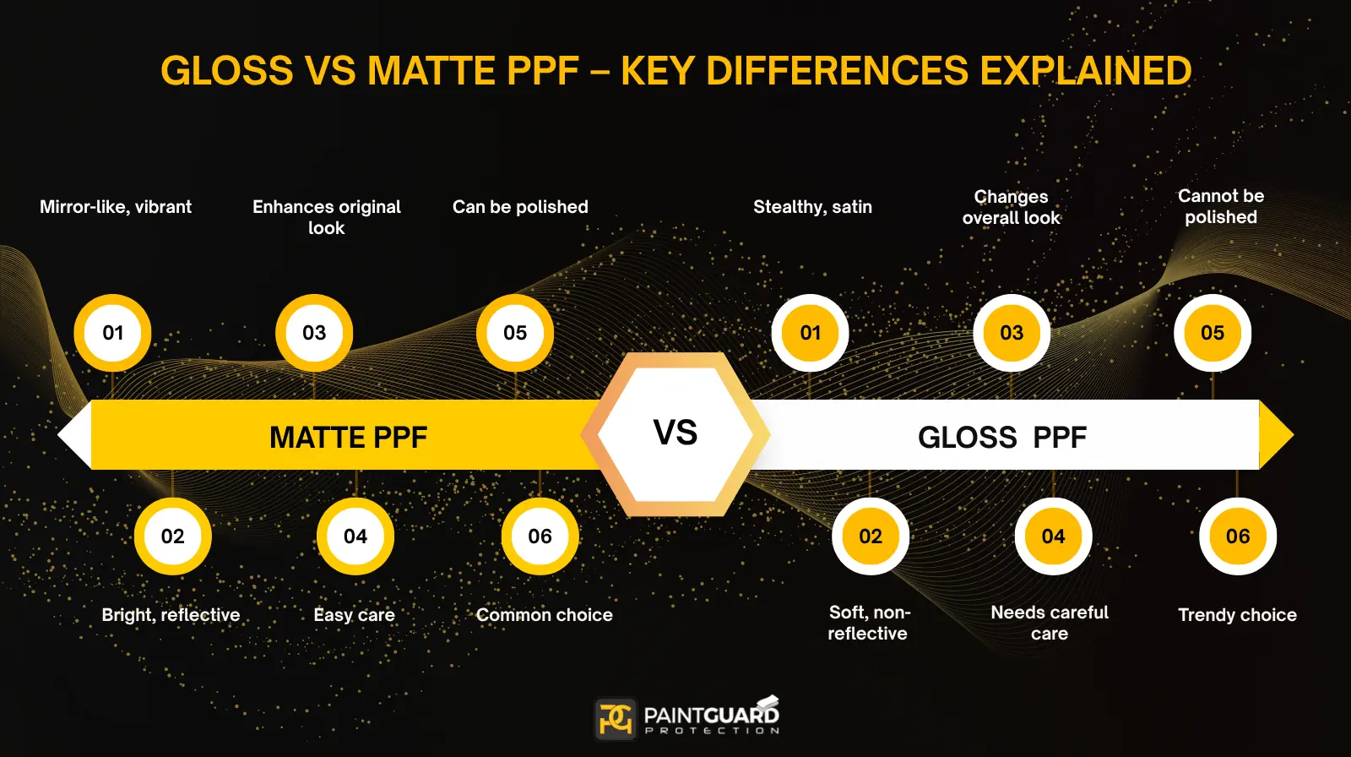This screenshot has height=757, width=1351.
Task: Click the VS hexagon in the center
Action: [675, 433]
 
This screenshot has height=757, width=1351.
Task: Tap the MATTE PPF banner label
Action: [348, 437]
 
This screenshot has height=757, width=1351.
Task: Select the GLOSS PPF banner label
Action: [1002, 437]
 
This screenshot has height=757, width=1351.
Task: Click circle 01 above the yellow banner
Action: [113, 333]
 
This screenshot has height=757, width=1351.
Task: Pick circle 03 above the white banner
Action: [1012, 333]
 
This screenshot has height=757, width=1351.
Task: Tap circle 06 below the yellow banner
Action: [540, 536]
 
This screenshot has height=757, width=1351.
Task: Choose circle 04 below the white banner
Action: [1053, 536]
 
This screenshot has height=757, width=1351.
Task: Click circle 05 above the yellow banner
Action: [515, 333]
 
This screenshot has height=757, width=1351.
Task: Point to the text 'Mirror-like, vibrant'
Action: [116, 207]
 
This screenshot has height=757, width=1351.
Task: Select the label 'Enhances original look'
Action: [327, 217]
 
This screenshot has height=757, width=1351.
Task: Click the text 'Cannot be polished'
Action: [1221, 206]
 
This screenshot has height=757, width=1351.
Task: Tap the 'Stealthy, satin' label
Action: [812, 207]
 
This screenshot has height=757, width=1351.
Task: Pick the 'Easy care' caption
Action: [354, 615]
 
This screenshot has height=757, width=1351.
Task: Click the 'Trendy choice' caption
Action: [1237, 615]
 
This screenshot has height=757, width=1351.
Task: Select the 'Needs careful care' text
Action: [1050, 623]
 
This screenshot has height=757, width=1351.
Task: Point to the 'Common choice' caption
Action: [545, 615]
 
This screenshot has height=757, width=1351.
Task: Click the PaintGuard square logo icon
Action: [616, 718]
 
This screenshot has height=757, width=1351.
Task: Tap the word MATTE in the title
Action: [431, 71]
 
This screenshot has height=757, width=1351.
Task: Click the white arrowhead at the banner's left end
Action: [74, 435]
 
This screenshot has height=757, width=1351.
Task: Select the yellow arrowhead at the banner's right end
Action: [1276, 435]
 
